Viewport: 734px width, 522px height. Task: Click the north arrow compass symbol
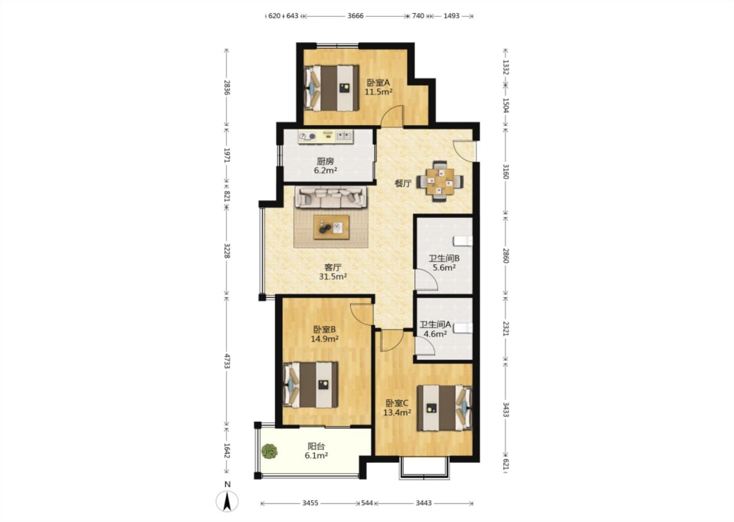(227, 502)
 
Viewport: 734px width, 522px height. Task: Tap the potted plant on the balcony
(269, 451)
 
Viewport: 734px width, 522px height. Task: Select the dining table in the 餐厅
(440, 181)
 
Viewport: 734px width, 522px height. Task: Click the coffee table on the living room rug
(331, 227)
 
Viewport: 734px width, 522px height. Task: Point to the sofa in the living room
(331, 197)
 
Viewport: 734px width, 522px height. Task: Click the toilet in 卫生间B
(463, 241)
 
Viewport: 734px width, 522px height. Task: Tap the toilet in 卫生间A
(463, 328)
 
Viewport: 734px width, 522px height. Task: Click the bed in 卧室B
(310, 385)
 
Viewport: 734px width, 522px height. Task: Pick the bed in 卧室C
(444, 408)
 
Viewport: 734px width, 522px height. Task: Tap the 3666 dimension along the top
(356, 16)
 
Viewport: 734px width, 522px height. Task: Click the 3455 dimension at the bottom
(310, 503)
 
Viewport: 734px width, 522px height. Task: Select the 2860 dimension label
(506, 255)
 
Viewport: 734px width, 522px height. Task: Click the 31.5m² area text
(333, 277)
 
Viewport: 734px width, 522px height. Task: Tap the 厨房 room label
(325, 161)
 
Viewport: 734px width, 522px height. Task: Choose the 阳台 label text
(316, 447)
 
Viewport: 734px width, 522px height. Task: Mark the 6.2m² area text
(325, 170)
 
